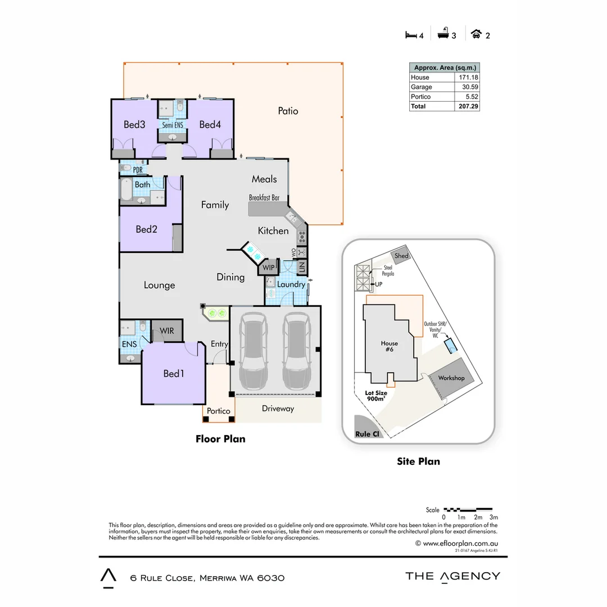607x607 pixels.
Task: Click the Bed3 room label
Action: coord(134,124)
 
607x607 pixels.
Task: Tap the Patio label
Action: coord(288,111)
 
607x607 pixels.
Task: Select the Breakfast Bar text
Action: coord(264,198)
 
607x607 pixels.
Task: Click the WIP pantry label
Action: coord(269,268)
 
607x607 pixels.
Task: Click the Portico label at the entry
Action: coord(219,411)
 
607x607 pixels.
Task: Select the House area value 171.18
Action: coord(467,78)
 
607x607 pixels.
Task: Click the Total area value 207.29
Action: coord(467,106)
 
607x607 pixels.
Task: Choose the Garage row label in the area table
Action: coord(422,87)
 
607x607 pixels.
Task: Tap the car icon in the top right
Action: coord(477,34)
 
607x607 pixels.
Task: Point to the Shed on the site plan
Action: coord(401,256)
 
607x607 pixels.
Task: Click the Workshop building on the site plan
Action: coord(451,378)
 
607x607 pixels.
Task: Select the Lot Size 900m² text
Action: coord(376,396)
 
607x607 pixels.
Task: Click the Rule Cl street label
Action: coord(366,434)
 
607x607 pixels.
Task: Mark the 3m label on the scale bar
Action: coord(494,517)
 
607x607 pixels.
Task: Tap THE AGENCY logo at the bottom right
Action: coord(452,576)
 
